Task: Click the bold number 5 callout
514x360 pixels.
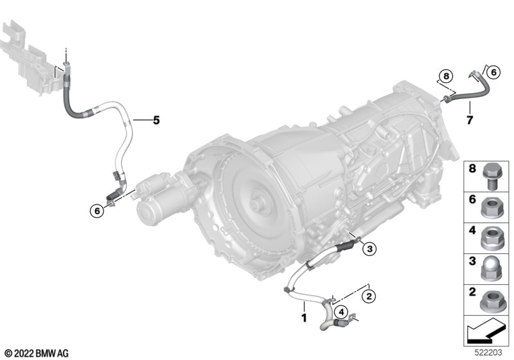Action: coord(156,120)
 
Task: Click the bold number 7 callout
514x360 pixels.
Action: coord(470,120)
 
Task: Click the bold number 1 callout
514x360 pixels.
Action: coord(304,318)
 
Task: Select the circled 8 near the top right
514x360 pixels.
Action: coord(446,76)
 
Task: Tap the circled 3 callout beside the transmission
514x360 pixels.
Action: coord(370,249)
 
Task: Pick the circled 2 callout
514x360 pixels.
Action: coord(369,296)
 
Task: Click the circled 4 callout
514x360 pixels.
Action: coord(341,312)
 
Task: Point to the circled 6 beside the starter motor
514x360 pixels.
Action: coord(97,211)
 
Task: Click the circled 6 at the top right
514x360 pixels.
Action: coord(493,72)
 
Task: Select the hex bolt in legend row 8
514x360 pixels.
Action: coord(492,175)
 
